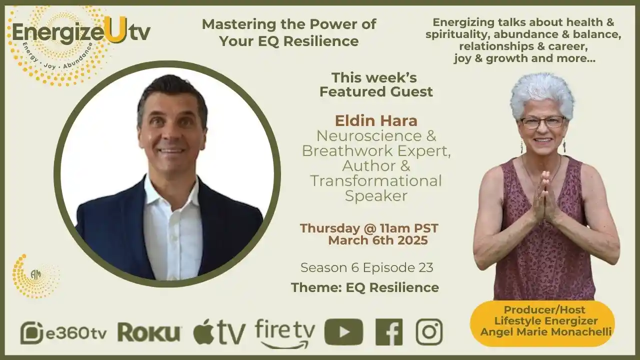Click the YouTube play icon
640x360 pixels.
point(343,332)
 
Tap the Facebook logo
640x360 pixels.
point(388,332)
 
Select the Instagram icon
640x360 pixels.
point(429,332)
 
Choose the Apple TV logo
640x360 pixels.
point(219,332)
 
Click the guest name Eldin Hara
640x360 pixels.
point(376,120)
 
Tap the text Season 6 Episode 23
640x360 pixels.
point(366,267)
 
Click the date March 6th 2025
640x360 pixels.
point(377,240)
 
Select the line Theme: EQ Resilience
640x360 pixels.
point(364,287)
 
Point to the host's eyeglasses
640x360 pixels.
point(542,122)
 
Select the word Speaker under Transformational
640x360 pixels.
point(376,196)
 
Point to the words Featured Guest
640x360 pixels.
point(376,92)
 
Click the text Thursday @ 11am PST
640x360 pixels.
point(369,228)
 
